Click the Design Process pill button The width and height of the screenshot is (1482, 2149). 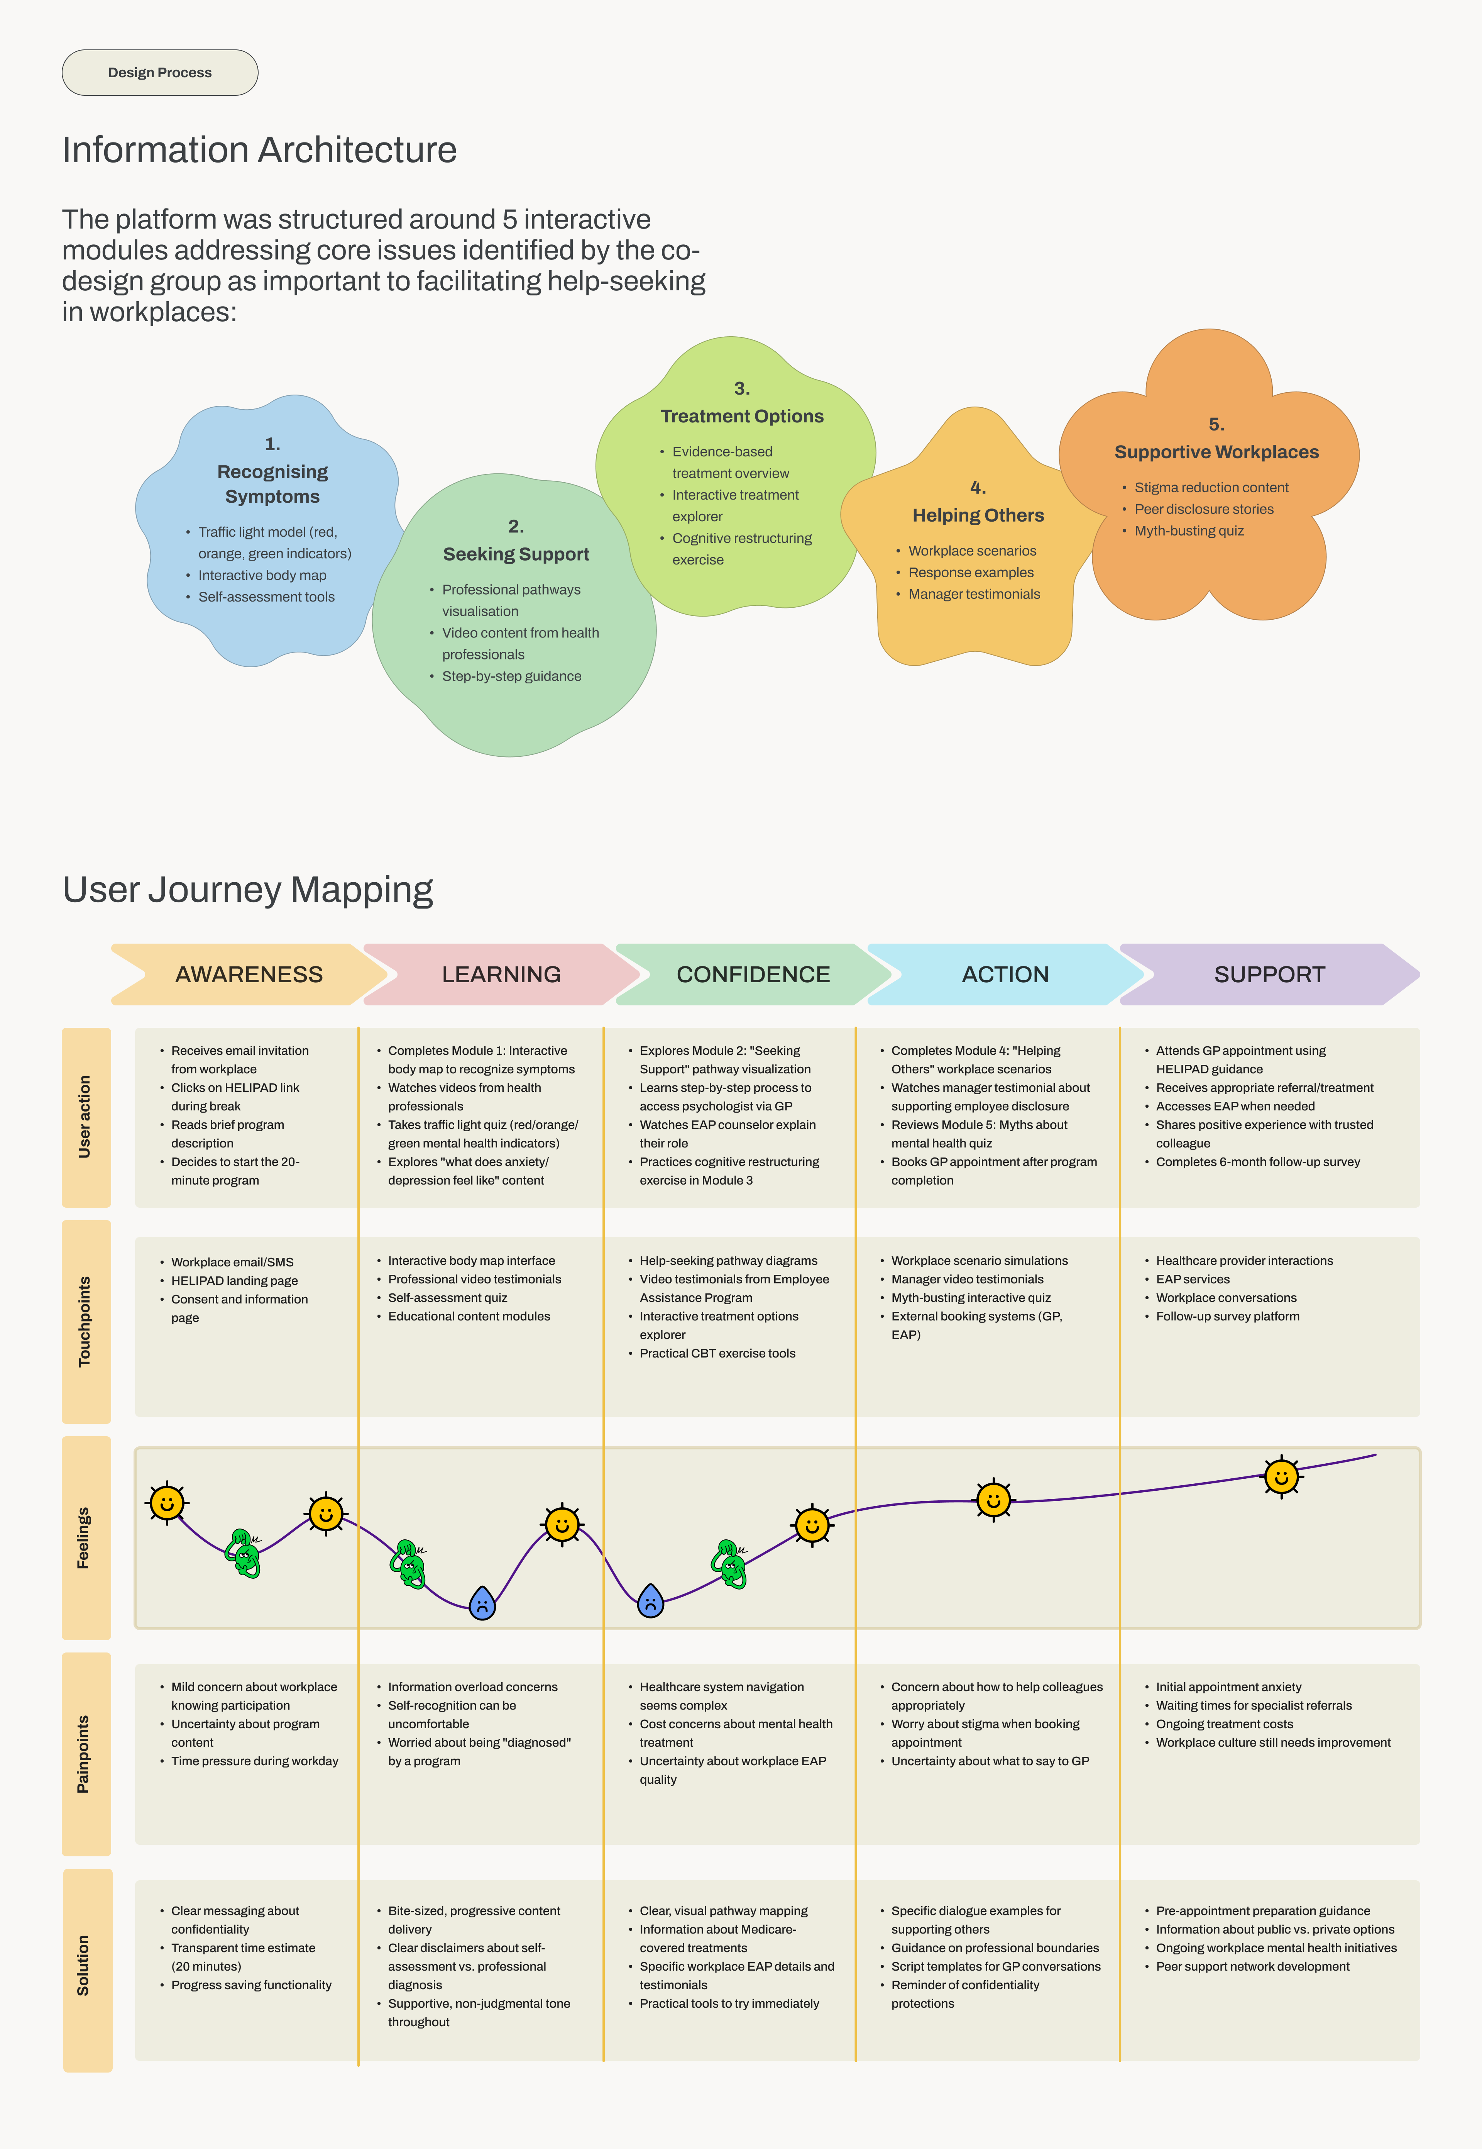pyautogui.click(x=160, y=73)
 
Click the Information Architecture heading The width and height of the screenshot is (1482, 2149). pyautogui.click(x=259, y=149)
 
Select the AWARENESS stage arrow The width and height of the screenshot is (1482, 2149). pyautogui.click(x=249, y=974)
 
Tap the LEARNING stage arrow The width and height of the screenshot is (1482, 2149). pyautogui.click(x=501, y=974)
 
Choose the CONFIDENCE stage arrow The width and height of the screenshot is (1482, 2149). pyautogui.click(x=753, y=974)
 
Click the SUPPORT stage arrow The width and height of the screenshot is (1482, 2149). pyautogui.click(x=1269, y=974)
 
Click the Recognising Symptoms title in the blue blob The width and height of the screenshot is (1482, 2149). pyautogui.click(x=272, y=484)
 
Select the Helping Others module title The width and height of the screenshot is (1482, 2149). pyautogui.click(x=978, y=515)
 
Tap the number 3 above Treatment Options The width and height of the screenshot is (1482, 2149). pyautogui.click(x=742, y=388)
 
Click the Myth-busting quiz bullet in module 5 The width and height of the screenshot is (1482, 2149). pyautogui.click(x=1189, y=530)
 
